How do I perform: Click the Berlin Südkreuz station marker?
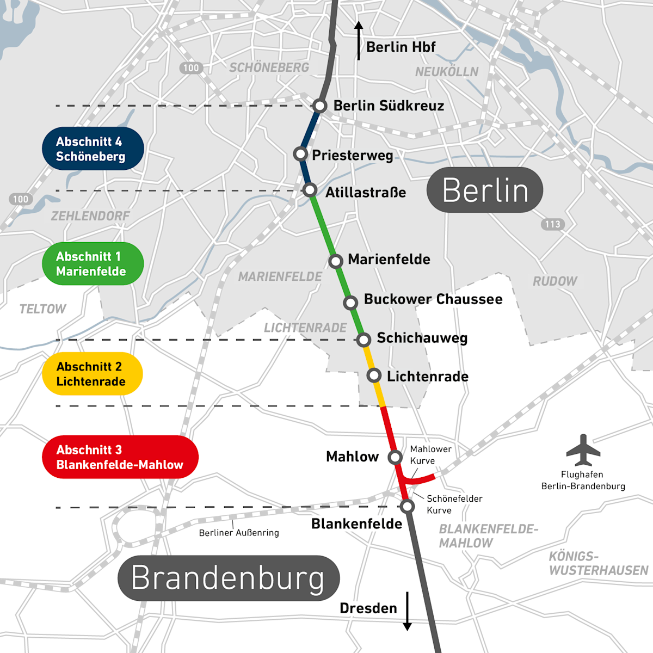[319, 106]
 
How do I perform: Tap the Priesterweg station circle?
[300, 154]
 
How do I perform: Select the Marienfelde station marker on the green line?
[336, 261]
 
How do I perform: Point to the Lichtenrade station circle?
[374, 375]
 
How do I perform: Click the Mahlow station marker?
[395, 457]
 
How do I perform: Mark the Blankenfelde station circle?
[407, 507]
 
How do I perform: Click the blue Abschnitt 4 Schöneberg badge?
[93, 149]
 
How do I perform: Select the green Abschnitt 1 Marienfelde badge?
[93, 264]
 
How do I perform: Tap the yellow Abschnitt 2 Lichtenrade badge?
[92, 374]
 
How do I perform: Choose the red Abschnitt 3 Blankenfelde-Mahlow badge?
[120, 457]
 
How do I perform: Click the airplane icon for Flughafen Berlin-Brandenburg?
[583, 450]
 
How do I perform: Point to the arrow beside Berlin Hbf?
[359, 41]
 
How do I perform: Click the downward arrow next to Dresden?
[407, 611]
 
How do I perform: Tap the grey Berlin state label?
[485, 190]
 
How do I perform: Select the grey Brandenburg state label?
[229, 578]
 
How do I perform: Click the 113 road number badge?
[552, 224]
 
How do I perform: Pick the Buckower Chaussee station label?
[433, 299]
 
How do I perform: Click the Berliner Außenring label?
[239, 533]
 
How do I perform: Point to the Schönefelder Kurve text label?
[454, 504]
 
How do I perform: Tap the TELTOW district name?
[42, 309]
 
